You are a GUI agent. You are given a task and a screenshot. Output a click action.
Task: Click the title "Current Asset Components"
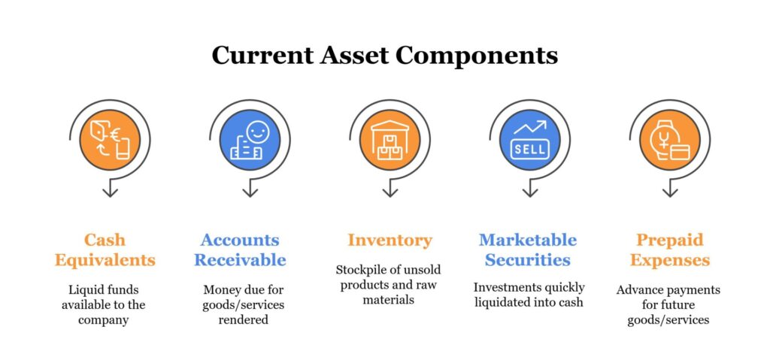384,56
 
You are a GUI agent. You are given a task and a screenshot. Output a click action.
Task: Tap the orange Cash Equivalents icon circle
110,140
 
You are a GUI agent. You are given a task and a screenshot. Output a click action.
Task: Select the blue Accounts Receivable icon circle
250,140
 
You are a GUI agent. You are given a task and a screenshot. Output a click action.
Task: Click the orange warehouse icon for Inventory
390,140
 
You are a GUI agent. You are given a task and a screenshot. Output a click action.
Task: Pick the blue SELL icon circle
529,140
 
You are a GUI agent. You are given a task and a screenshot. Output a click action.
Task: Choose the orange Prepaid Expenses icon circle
669,140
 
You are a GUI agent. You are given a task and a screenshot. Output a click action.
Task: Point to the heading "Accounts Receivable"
240,250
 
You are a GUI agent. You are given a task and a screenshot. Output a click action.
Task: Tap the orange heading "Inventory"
390,241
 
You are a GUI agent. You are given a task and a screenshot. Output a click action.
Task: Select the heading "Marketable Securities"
528,250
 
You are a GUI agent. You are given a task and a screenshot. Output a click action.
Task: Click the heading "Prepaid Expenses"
669,250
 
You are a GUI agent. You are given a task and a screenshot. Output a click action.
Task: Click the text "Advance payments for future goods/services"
668,304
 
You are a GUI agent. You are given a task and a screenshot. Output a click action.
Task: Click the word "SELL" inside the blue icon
529,149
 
